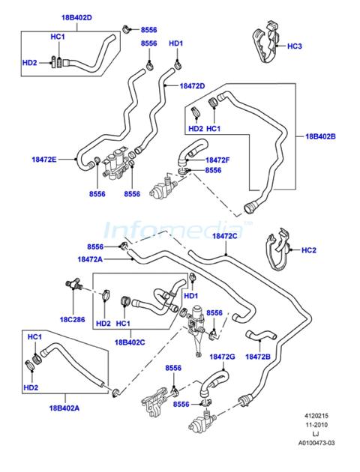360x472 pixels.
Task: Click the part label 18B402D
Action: point(76,17)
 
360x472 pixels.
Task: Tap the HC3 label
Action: point(294,46)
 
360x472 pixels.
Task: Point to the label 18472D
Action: point(192,86)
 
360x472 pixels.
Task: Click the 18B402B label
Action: point(320,136)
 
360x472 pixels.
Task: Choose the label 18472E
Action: point(44,160)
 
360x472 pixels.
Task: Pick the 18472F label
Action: point(217,160)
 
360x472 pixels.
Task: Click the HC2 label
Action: point(309,250)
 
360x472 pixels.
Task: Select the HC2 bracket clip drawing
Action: point(278,249)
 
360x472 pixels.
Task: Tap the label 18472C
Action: point(225,236)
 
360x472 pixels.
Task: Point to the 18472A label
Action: point(90,259)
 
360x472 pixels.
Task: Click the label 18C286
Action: point(72,319)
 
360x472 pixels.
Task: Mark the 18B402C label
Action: point(130,342)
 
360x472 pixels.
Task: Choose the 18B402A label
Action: point(64,408)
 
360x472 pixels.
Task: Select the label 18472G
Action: point(222,357)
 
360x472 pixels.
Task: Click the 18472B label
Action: point(258,357)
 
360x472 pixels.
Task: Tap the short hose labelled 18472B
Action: point(261,335)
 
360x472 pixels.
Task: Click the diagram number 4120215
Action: point(316,416)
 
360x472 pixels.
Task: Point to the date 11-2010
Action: point(316,425)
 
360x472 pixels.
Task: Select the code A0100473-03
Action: point(316,443)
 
